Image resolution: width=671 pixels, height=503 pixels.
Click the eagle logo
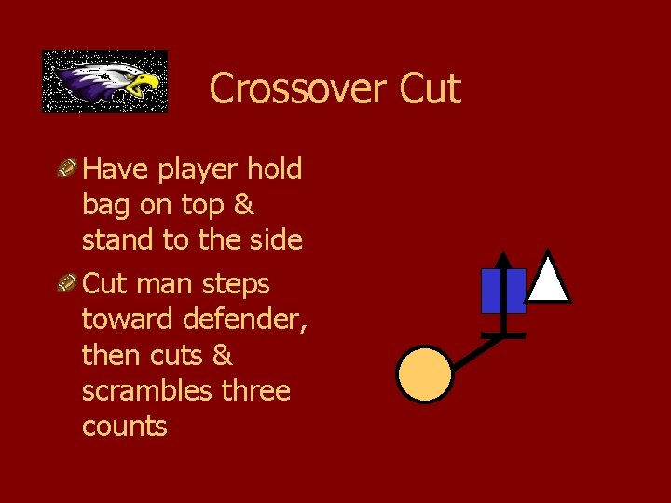[x=104, y=81]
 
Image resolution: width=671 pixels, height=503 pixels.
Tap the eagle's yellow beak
[x=144, y=86]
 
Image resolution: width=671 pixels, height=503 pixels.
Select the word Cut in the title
[x=430, y=89]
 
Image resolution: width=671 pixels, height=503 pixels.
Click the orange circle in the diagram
[x=425, y=374]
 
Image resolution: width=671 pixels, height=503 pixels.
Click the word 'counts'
[x=124, y=427]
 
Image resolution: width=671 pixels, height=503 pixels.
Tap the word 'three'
[x=255, y=390]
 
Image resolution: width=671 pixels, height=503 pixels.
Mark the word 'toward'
[x=128, y=319]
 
